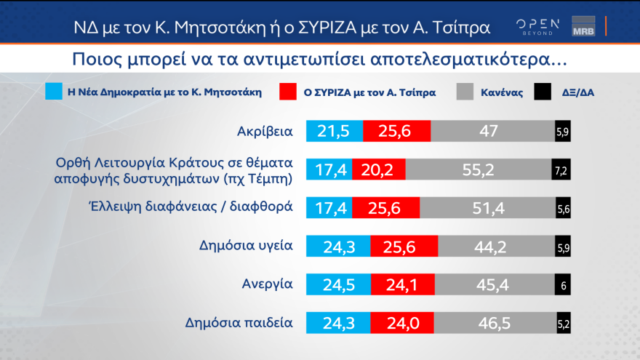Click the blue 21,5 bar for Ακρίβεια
334,131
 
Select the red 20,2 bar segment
378,169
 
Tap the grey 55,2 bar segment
478,169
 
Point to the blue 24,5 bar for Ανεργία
338,284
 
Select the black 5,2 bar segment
563,323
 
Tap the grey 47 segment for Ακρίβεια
492,131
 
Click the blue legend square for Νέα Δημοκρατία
53,92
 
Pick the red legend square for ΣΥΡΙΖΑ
287,92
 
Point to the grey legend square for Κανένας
465,92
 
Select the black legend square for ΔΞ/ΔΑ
543,92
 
